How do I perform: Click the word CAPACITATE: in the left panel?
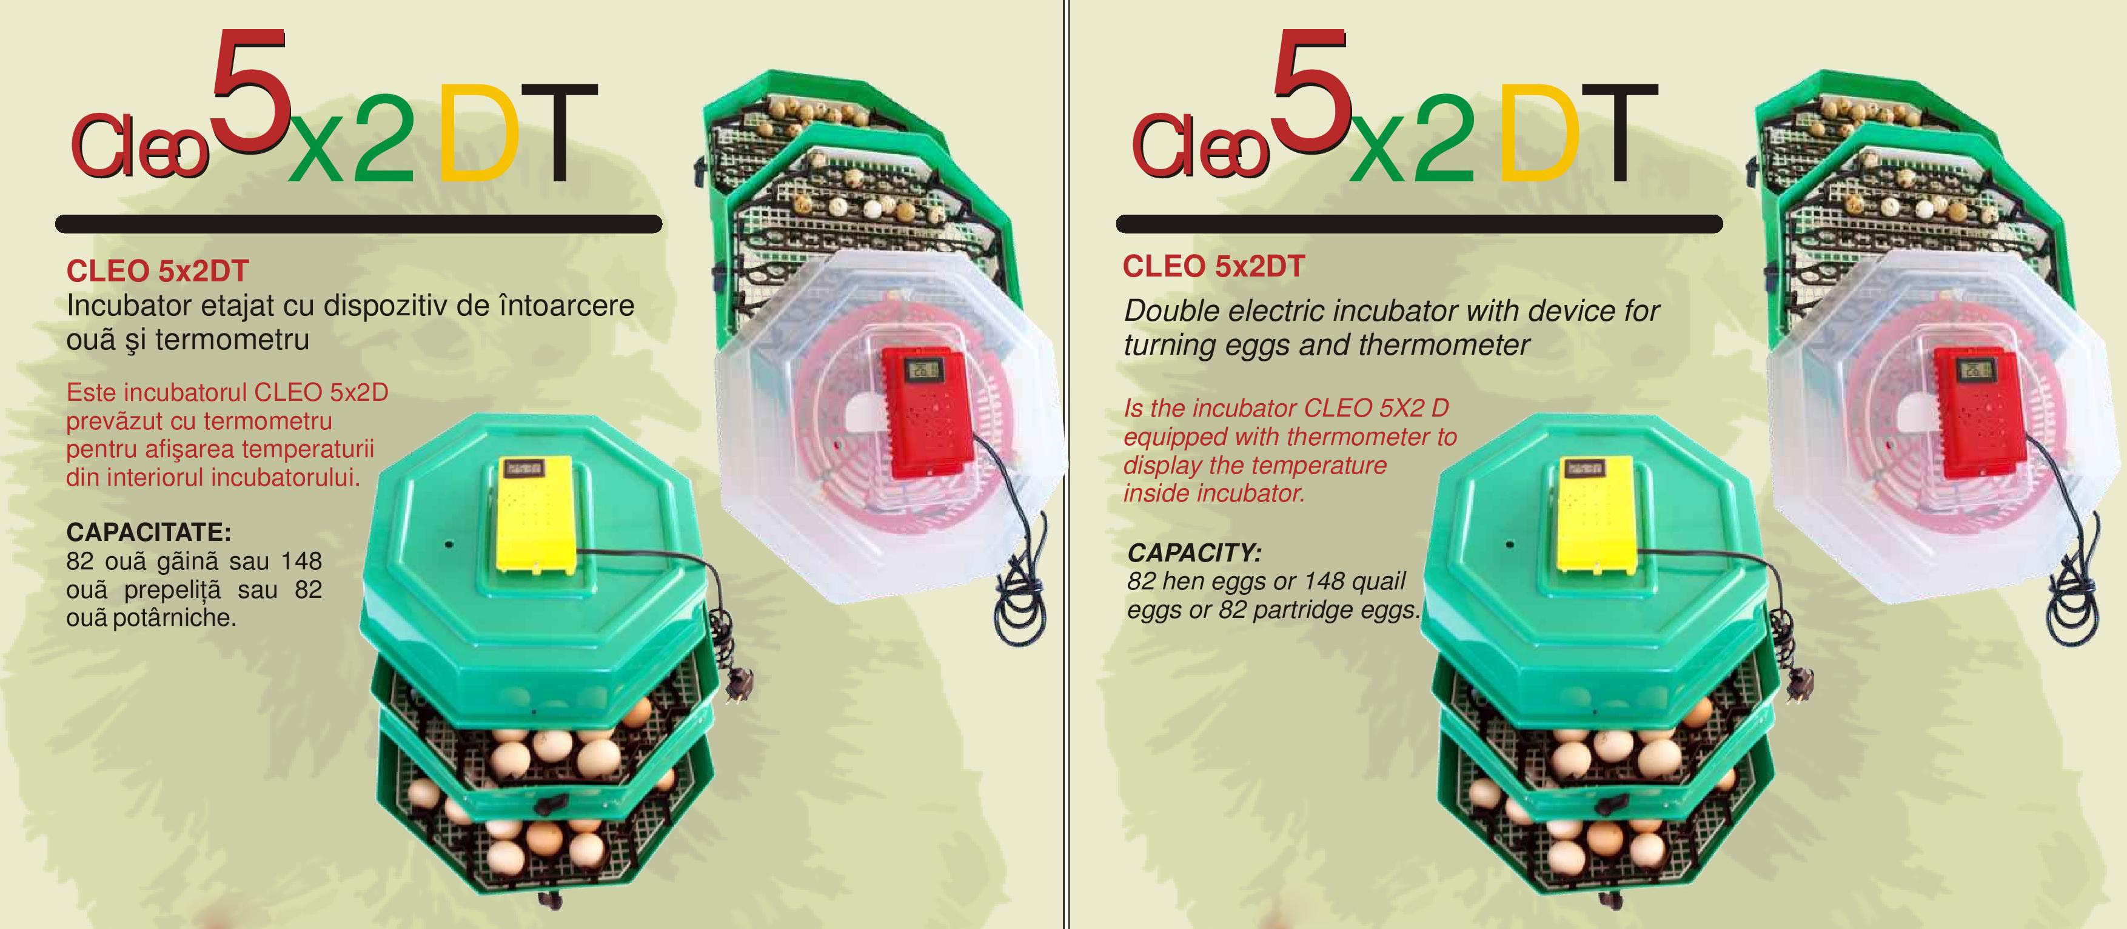pos(149,531)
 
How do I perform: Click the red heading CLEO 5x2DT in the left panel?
pos(158,271)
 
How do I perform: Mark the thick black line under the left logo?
pos(358,224)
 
